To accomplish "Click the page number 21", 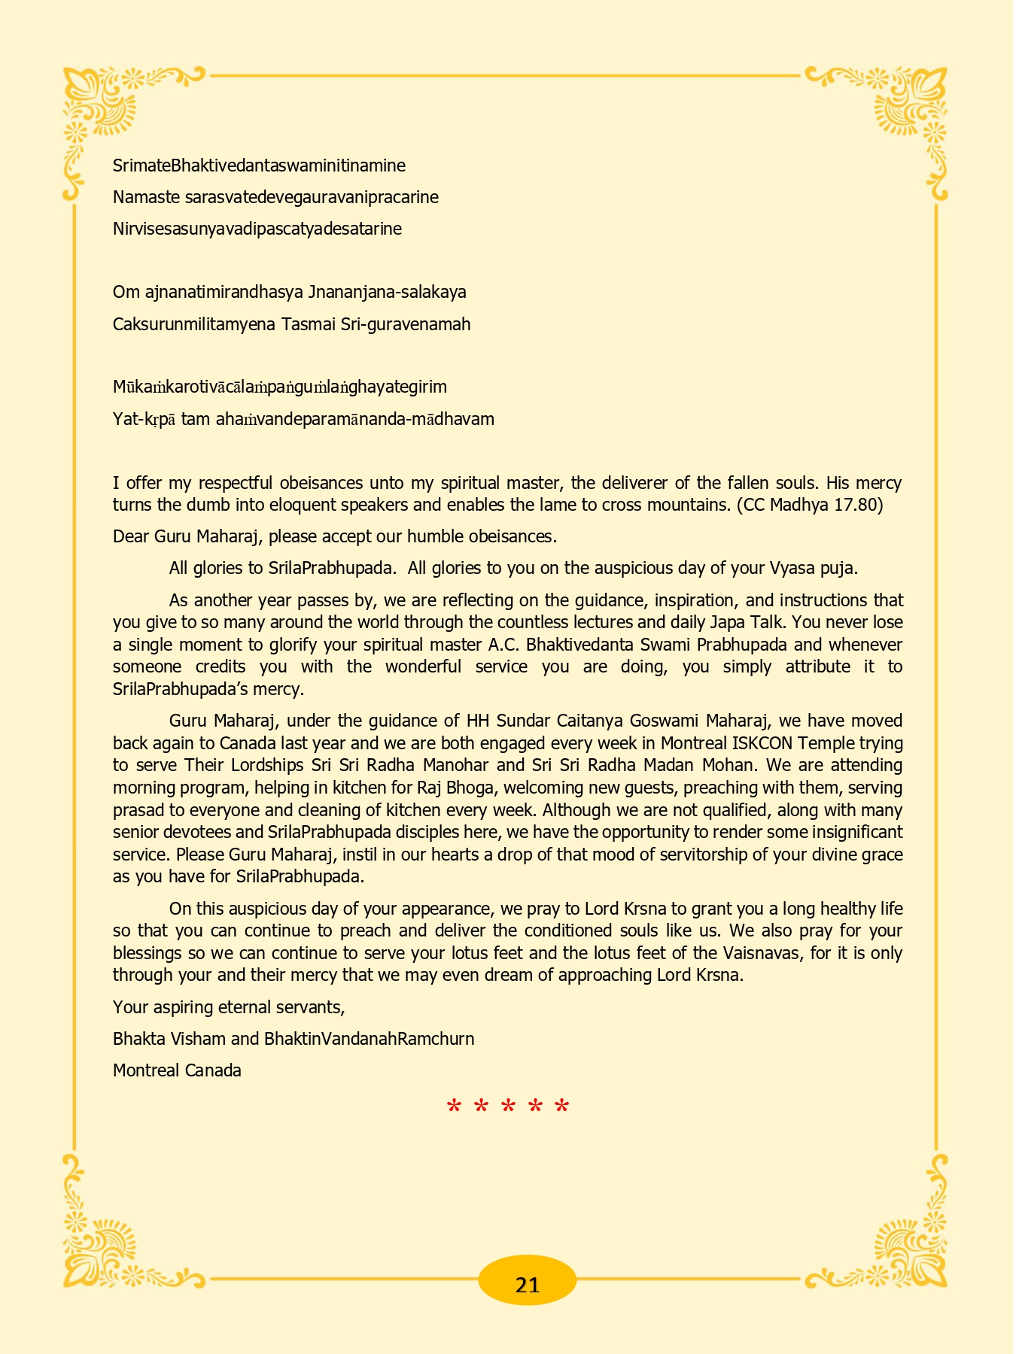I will pyautogui.click(x=528, y=1284).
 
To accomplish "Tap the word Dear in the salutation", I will pyautogui.click(x=131, y=536).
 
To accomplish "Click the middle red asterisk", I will pyautogui.click(x=508, y=1107).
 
